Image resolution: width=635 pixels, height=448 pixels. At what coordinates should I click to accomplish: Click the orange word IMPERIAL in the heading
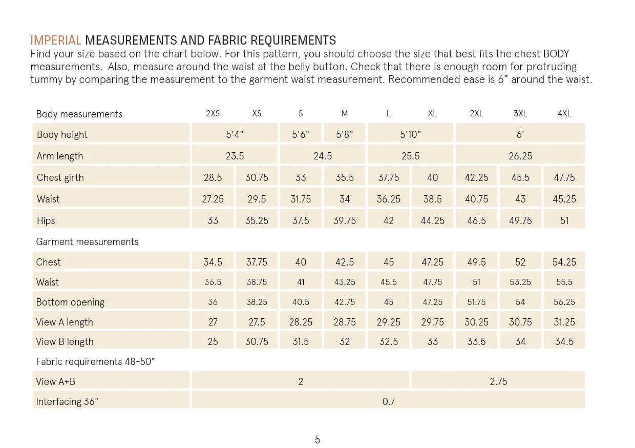(56, 40)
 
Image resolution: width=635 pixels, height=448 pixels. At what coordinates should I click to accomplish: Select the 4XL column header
(564, 114)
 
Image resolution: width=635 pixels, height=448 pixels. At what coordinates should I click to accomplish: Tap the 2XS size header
(213, 114)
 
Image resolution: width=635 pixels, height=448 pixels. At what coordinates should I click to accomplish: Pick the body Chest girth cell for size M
(345, 177)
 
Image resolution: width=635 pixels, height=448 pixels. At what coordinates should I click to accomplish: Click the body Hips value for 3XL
(520, 220)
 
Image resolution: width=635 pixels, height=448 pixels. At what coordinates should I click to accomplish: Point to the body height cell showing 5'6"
(301, 134)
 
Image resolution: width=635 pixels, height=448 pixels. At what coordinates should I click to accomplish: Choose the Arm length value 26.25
(520, 156)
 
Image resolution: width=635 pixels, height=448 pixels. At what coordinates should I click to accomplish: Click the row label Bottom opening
(70, 302)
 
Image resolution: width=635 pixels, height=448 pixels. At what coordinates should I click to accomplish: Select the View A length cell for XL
(432, 322)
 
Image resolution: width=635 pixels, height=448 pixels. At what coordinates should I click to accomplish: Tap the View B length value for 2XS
(213, 341)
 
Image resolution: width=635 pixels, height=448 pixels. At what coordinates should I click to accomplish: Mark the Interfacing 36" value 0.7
(388, 401)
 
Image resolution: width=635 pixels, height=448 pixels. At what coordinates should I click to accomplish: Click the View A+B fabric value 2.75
(498, 381)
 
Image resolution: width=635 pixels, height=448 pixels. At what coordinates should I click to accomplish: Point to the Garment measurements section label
(87, 241)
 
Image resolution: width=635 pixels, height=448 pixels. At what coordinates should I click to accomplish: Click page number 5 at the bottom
(317, 439)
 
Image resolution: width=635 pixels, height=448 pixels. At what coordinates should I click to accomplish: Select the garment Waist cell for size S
(301, 282)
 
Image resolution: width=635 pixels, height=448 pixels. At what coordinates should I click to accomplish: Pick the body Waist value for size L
(388, 199)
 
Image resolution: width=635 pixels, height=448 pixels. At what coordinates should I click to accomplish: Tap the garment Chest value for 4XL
(564, 262)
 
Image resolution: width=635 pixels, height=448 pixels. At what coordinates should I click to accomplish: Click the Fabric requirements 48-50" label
(95, 361)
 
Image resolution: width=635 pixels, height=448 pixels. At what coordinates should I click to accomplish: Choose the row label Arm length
(60, 156)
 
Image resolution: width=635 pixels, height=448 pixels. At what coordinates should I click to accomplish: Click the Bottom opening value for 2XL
(476, 302)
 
